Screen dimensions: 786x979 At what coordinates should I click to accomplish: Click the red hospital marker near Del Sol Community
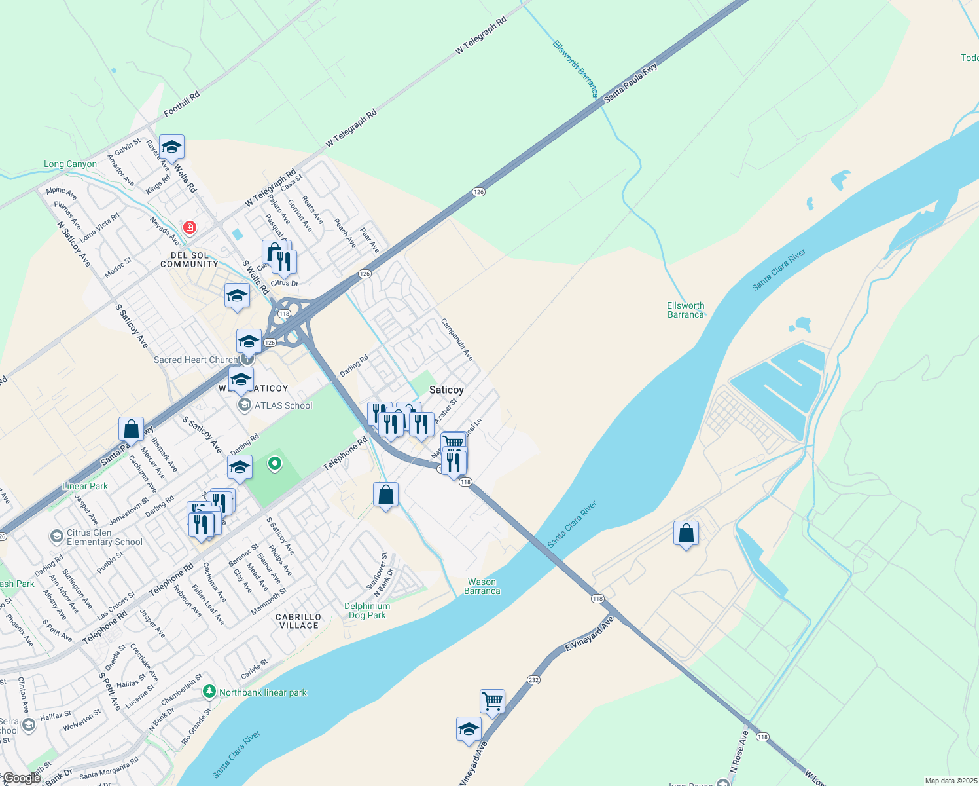point(189,227)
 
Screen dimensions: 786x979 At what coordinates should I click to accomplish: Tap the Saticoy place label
point(446,390)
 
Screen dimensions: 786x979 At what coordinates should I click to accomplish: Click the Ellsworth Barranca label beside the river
point(686,310)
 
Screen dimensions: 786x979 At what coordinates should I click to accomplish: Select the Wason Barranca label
point(482,586)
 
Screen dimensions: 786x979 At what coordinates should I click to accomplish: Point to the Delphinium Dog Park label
point(367,610)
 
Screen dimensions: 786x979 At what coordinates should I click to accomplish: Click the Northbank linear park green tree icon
point(209,691)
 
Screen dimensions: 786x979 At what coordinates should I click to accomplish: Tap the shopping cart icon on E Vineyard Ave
point(492,702)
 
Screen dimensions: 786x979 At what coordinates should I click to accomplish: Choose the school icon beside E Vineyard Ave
point(469,729)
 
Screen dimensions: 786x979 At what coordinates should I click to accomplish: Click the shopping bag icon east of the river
point(686,534)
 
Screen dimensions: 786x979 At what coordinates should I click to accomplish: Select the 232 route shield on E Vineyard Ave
point(533,680)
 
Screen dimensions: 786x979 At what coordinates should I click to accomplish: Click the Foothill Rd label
point(181,104)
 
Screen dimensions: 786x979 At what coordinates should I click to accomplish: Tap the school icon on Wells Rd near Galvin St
point(171,147)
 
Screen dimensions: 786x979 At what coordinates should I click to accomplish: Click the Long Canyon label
point(70,164)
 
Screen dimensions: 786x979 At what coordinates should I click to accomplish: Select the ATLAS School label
point(283,405)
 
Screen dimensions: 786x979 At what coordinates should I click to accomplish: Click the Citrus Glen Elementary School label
point(104,537)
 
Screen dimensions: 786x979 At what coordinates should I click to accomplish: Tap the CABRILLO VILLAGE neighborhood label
point(298,621)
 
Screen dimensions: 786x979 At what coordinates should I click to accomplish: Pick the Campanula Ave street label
point(457,339)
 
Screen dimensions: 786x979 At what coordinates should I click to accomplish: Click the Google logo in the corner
point(22,778)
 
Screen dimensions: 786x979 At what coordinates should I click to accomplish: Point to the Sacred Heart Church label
point(196,360)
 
